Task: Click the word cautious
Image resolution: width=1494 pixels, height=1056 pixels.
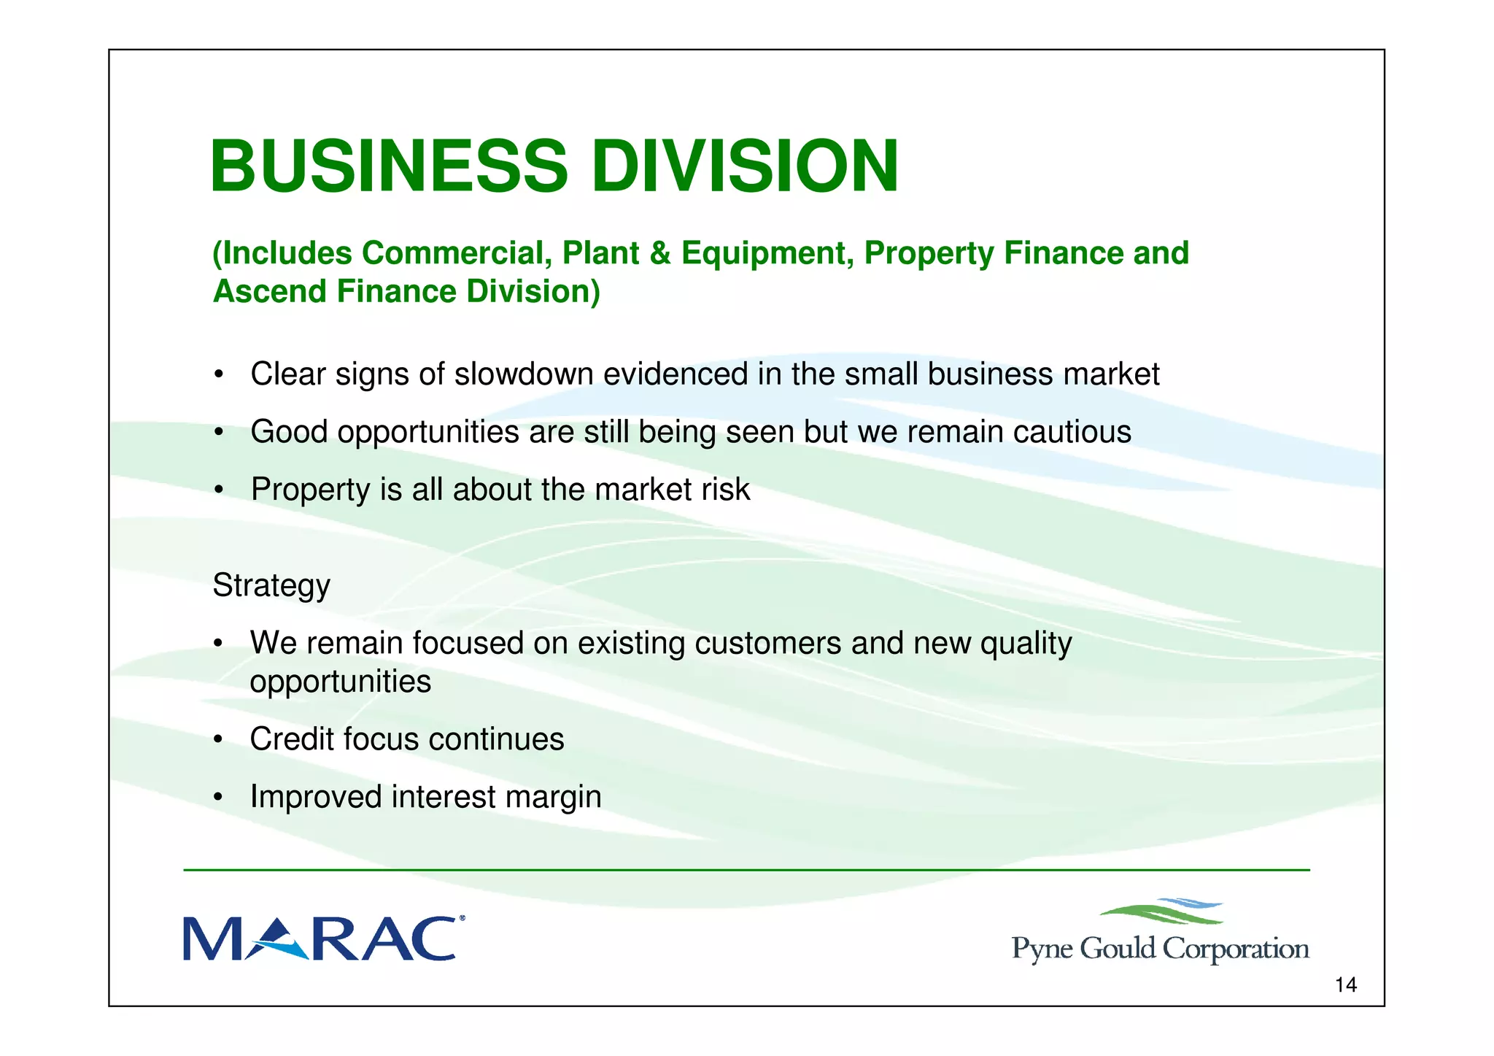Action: pyautogui.click(x=1072, y=431)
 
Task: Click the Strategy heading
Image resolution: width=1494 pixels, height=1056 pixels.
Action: pyautogui.click(x=271, y=585)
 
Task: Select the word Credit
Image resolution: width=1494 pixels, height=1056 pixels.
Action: pyautogui.click(x=292, y=739)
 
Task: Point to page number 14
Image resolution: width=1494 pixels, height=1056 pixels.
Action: pyautogui.click(x=1345, y=985)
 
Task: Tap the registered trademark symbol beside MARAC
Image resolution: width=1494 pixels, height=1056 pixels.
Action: pyautogui.click(x=461, y=919)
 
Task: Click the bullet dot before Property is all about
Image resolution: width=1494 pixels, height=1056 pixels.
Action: pyautogui.click(x=217, y=490)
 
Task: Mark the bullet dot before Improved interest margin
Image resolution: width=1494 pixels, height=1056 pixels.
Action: pyautogui.click(x=217, y=797)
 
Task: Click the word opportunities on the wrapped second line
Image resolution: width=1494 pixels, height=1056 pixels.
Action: pyautogui.click(x=340, y=682)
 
